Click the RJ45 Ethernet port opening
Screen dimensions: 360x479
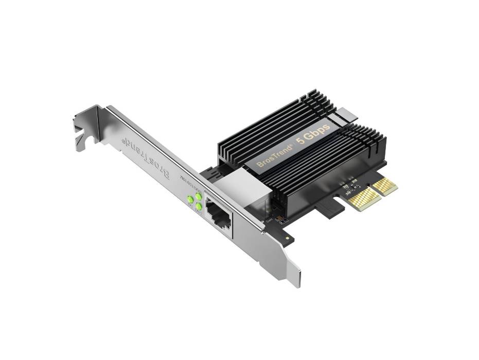click(x=218, y=212)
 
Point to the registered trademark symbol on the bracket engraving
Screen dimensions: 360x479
click(x=122, y=140)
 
